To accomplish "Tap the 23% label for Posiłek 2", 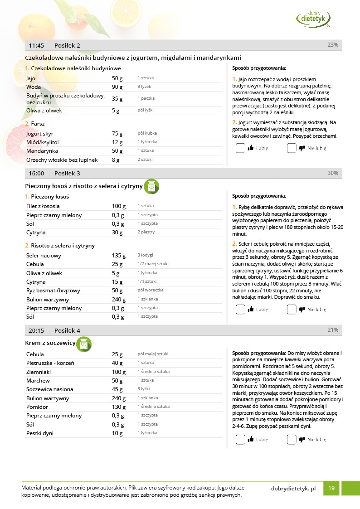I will pyautogui.click(x=333, y=45).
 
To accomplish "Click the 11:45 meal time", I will pyautogui.click(x=36, y=45).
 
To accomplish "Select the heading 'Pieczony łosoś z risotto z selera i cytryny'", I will pyautogui.click(x=84, y=186).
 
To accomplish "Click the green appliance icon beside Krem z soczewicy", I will pyautogui.click(x=84, y=344).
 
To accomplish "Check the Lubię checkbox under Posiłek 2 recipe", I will pyautogui.click(x=240, y=148).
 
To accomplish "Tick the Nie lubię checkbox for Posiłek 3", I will pyautogui.click(x=292, y=310).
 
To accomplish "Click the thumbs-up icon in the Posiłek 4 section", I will pyautogui.click(x=251, y=439).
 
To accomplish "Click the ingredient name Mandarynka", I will pyautogui.click(x=41, y=151).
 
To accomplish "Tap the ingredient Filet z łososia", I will pyautogui.click(x=43, y=206).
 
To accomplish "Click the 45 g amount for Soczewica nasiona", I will pyautogui.click(x=117, y=389).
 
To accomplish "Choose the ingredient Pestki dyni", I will pyautogui.click(x=40, y=433).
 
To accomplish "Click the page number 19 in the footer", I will pyautogui.click(x=331, y=488).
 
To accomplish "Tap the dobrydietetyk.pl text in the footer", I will pyautogui.click(x=293, y=489).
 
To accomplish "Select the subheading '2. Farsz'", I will pyautogui.click(x=35, y=124).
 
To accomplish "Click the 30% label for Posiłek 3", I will pyautogui.click(x=333, y=173).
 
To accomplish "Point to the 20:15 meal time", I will pyautogui.click(x=36, y=330).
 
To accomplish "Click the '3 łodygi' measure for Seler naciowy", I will pyautogui.click(x=145, y=256).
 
